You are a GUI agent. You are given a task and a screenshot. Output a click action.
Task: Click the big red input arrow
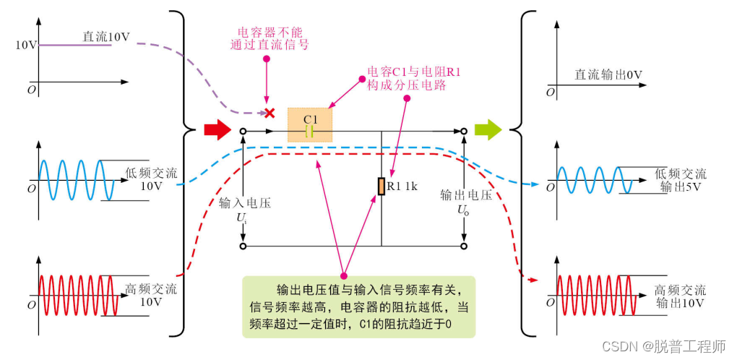tap(216, 130)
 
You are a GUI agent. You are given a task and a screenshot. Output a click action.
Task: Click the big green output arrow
tap(488, 130)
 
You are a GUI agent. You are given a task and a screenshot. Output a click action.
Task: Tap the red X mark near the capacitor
tap(270, 113)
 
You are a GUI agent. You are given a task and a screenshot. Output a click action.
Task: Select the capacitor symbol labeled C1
tap(310, 131)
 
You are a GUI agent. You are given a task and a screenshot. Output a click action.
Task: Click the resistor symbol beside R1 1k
tap(381, 186)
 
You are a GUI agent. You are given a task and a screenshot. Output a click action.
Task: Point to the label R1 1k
tap(403, 186)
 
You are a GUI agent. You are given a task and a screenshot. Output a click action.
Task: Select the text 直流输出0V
tap(608, 74)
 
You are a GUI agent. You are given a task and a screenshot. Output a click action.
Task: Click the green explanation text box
tap(359, 307)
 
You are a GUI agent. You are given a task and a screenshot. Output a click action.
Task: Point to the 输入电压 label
tap(245, 203)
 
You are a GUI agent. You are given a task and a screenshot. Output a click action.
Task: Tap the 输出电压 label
tap(467, 195)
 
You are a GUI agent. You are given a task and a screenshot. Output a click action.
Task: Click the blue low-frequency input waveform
tap(71, 179)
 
